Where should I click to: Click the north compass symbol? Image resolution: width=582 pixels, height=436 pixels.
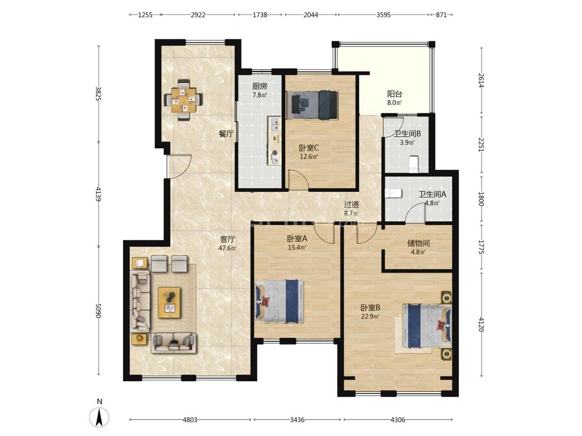[x=99, y=416]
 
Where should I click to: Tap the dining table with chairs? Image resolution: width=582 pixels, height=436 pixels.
[x=183, y=99]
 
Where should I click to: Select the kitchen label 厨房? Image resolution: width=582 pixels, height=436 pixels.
[x=260, y=86]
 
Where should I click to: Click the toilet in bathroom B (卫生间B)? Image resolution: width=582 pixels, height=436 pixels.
[x=413, y=164]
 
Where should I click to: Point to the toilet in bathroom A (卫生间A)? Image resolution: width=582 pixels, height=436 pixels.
[x=394, y=194]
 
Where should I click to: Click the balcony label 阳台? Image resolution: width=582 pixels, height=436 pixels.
[x=395, y=94]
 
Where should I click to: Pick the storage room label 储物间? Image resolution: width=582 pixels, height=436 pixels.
[x=419, y=243]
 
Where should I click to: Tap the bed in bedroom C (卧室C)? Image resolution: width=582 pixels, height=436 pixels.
[x=315, y=105]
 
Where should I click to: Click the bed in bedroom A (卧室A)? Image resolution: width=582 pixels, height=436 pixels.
[x=279, y=301]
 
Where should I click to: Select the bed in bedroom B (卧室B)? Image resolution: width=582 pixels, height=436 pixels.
[x=427, y=326]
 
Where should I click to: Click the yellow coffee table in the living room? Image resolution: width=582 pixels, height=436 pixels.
[x=169, y=302]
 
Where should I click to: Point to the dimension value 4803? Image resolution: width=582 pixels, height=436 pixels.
[x=190, y=419]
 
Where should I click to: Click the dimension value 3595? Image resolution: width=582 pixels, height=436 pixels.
[x=383, y=15]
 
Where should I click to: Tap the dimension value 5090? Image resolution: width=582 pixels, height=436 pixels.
[x=98, y=310]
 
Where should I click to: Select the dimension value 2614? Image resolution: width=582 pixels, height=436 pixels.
[x=481, y=81]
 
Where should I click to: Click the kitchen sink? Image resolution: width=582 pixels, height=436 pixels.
[x=275, y=124]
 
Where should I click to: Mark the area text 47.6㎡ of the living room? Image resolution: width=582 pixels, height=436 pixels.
[x=228, y=248]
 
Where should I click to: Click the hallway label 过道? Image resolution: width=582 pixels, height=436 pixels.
[x=351, y=204]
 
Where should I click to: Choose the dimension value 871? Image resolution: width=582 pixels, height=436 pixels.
[x=441, y=15]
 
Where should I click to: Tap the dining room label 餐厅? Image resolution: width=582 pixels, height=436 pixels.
[x=226, y=134]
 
